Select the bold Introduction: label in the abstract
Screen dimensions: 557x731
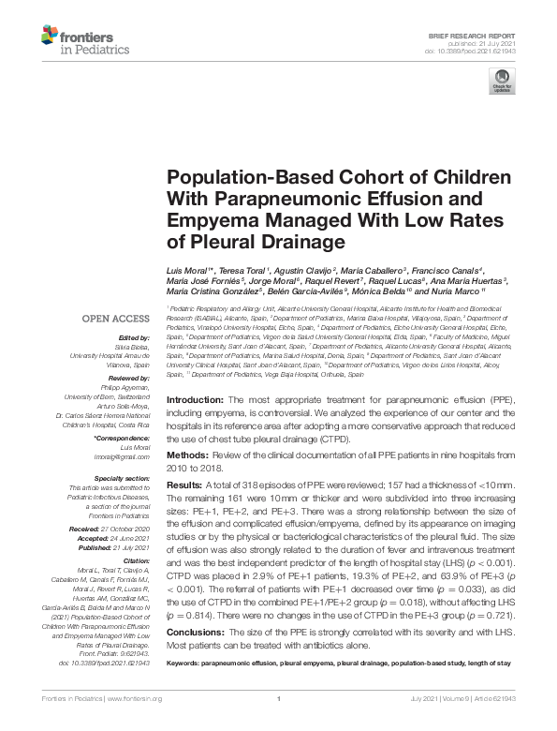click(x=194, y=399)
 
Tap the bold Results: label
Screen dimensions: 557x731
click(x=183, y=483)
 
